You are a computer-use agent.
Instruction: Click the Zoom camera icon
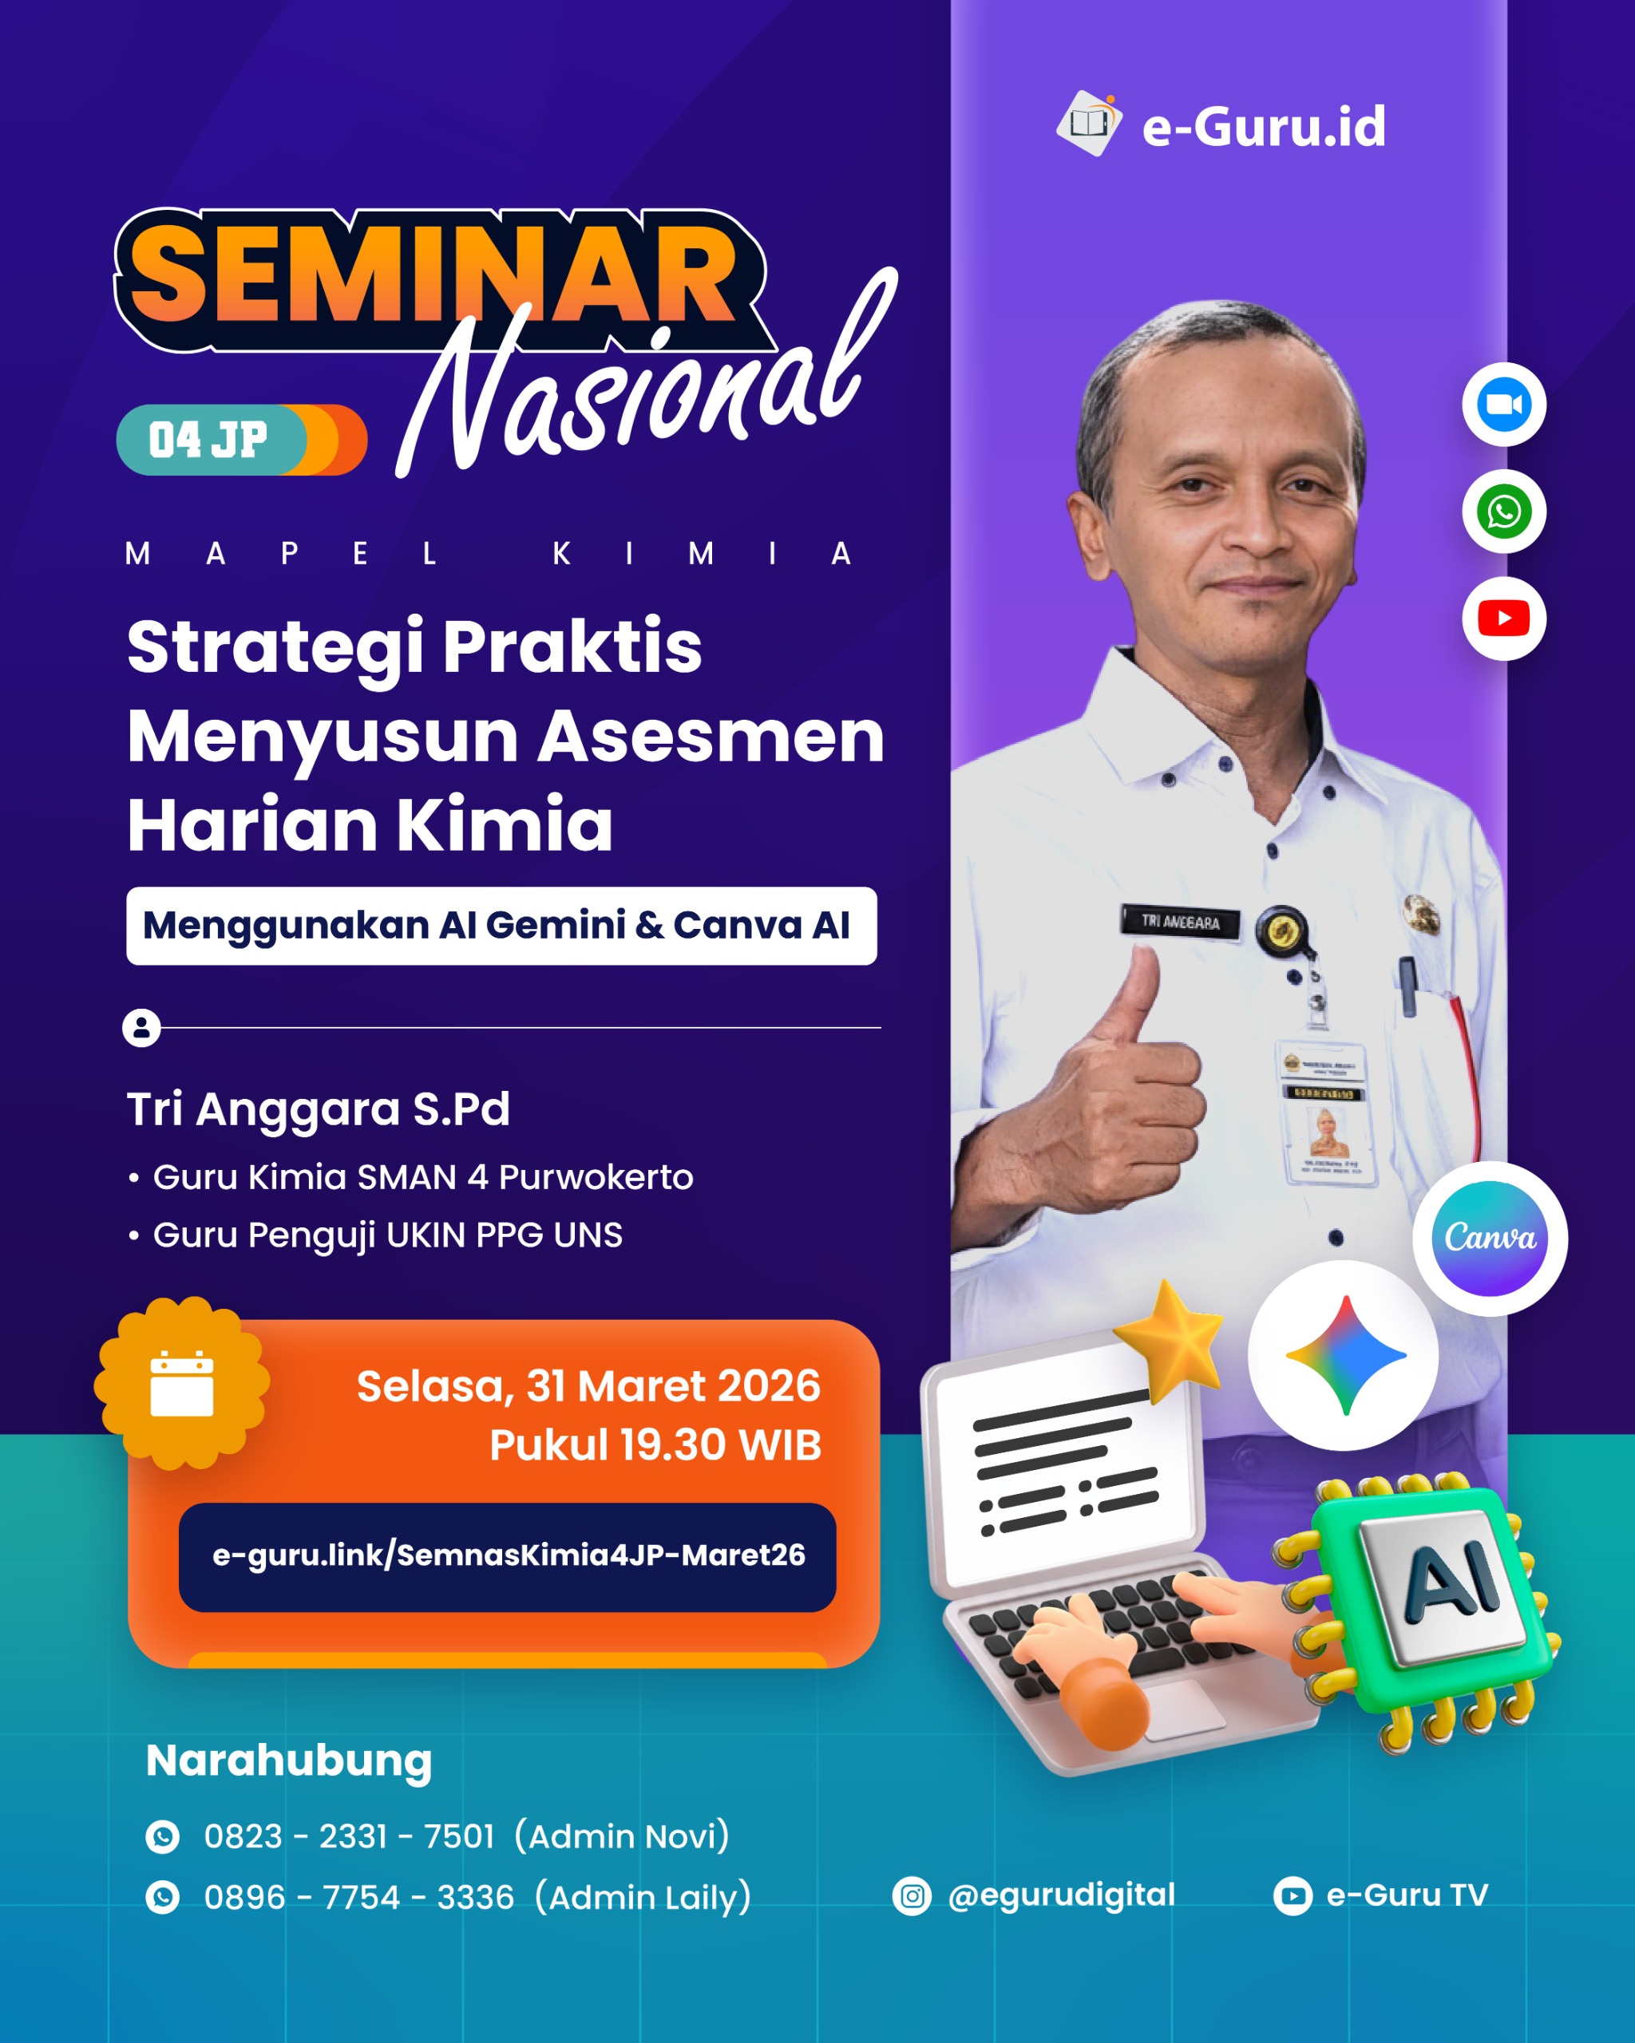[1503, 405]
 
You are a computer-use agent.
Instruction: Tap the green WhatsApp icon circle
[1503, 512]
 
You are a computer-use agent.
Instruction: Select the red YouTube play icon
[1503, 618]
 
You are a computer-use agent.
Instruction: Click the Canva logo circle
[1489, 1238]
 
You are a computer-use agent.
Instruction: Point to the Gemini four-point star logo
[1345, 1355]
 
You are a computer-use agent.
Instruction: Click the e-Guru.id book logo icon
[1089, 123]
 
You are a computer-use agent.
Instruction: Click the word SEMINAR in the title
[431, 277]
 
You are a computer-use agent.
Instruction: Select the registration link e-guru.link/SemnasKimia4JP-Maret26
[508, 1555]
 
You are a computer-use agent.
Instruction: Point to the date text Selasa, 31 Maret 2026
[588, 1386]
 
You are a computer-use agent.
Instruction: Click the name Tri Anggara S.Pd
[319, 1108]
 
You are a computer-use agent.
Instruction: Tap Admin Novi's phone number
[349, 1836]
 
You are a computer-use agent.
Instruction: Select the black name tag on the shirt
[1180, 921]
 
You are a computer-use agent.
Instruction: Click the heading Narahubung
[289, 1760]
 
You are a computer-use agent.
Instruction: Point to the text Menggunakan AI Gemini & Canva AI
[497, 926]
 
